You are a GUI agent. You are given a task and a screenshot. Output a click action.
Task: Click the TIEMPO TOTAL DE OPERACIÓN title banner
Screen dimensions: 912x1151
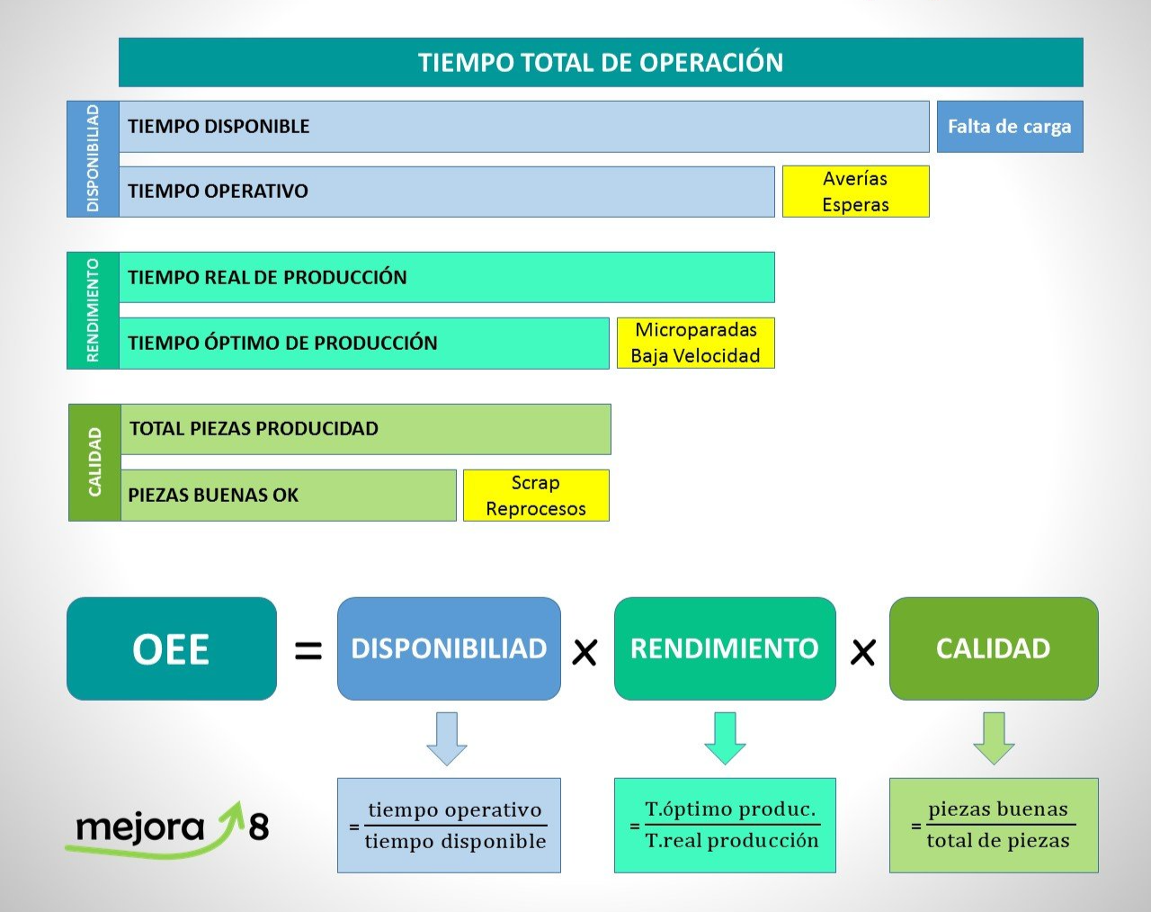pyautogui.click(x=601, y=62)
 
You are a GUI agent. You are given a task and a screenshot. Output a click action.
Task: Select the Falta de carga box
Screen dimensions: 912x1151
pyautogui.click(x=1009, y=127)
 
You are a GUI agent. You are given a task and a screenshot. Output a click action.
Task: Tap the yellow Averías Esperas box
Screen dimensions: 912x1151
pyautogui.click(x=855, y=192)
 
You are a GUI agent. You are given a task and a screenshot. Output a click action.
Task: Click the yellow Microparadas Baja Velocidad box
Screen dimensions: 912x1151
pyautogui.click(x=695, y=343)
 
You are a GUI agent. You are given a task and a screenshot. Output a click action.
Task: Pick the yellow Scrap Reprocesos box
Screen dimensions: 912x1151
pyautogui.click(x=536, y=496)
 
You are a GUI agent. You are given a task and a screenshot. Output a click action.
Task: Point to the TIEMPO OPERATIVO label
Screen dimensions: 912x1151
pyautogui.click(x=218, y=191)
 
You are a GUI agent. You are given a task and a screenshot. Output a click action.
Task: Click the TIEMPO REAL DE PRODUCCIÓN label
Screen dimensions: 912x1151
pyautogui.click(x=267, y=277)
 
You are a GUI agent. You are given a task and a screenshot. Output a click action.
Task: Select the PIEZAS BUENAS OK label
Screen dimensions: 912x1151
pyautogui.click(x=213, y=495)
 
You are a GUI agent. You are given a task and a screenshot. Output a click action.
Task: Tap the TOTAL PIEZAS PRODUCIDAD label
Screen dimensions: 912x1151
pyautogui.click(x=254, y=428)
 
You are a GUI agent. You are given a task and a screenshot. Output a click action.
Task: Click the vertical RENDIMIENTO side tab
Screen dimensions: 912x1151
pyautogui.click(x=93, y=310)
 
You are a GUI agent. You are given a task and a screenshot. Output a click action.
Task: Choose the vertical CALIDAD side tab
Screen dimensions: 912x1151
pyautogui.click(x=94, y=462)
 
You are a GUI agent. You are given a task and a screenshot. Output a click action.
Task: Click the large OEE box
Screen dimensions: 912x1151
pyautogui.click(x=172, y=648)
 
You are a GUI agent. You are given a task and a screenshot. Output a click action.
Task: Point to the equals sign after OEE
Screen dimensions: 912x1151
pyautogui.click(x=308, y=650)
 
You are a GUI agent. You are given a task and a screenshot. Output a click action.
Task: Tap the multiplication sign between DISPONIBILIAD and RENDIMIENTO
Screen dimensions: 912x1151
pyautogui.click(x=584, y=652)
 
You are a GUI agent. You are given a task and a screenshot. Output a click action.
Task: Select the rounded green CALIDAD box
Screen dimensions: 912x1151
pyautogui.click(x=994, y=648)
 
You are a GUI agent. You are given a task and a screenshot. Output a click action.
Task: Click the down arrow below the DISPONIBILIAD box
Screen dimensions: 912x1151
pyautogui.click(x=447, y=738)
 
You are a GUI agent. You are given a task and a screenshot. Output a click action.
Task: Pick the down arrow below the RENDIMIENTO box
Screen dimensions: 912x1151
pyautogui.click(x=725, y=738)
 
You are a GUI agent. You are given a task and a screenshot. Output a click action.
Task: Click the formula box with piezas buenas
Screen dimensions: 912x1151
pyautogui.click(x=994, y=825)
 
